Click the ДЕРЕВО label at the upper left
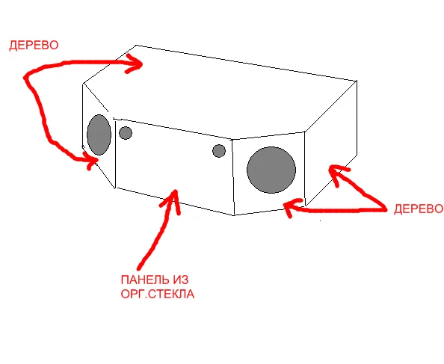[x=34, y=46]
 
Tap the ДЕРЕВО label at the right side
[x=419, y=209]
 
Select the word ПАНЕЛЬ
[x=143, y=280]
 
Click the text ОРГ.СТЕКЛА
[x=158, y=294]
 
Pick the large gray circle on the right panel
[x=271, y=170]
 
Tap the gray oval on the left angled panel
[x=99, y=135]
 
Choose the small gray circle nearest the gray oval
[x=126, y=133]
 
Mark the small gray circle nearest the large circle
[x=219, y=151]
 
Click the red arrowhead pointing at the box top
[x=135, y=64]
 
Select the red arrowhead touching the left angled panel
[x=90, y=161]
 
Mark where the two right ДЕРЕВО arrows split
[x=385, y=209]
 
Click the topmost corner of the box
[x=137, y=45]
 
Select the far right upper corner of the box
[x=357, y=81]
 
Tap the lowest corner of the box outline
[x=234, y=215]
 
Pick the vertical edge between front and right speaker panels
[x=233, y=177]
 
